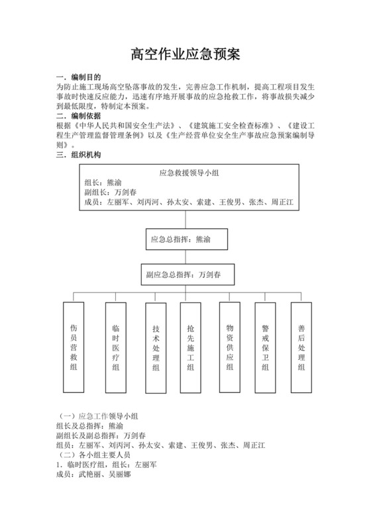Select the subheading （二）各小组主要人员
point(95,455)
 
